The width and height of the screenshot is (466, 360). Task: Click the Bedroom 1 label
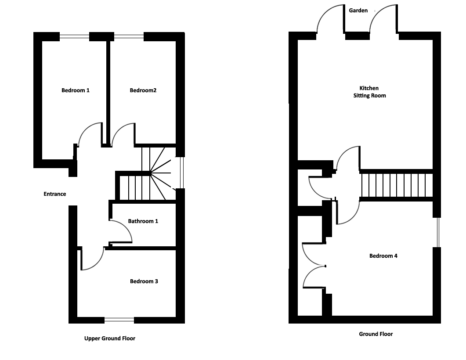click(x=76, y=90)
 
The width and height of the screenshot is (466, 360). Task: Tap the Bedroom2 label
click(x=143, y=90)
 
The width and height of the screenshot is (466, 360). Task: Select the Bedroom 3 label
click(x=144, y=281)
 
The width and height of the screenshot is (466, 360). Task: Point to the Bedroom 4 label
click(x=383, y=256)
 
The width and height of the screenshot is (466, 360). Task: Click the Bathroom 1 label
click(x=143, y=221)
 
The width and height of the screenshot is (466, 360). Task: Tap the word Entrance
click(x=55, y=194)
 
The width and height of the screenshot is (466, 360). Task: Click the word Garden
click(x=358, y=11)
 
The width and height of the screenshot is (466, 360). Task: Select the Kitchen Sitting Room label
click(x=369, y=92)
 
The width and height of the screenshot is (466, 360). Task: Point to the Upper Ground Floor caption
click(x=110, y=338)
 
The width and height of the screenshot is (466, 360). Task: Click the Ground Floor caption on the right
click(x=376, y=334)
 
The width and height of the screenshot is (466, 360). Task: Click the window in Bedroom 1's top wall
click(x=74, y=36)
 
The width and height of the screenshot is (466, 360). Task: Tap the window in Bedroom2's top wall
click(x=129, y=36)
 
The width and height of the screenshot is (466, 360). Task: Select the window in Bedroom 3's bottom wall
click(x=119, y=320)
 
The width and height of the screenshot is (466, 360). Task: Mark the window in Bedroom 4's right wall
click(x=438, y=233)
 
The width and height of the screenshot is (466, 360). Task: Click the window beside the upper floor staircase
click(x=182, y=173)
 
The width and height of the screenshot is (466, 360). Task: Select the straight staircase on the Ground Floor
click(x=397, y=185)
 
